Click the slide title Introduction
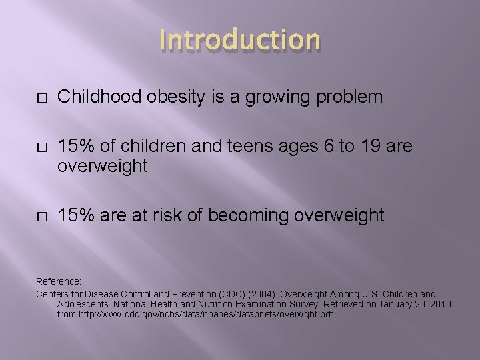pos(240,40)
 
